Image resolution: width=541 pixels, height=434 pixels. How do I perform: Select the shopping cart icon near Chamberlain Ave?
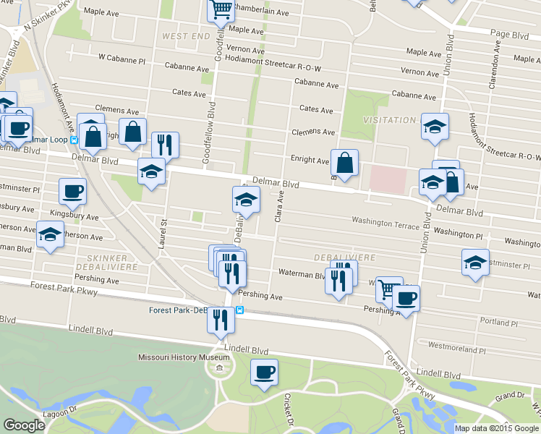(221, 10)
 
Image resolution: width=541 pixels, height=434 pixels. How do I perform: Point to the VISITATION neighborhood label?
(388, 120)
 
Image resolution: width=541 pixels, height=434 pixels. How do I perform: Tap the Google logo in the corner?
(24, 425)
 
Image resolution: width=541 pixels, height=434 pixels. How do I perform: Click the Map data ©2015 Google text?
(497, 428)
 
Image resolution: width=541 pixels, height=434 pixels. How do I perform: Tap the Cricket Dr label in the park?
(287, 409)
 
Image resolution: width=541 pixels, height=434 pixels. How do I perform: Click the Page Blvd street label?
(509, 34)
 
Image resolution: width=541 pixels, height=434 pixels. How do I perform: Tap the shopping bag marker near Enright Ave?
(346, 163)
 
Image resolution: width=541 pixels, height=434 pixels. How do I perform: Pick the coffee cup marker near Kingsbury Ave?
(73, 192)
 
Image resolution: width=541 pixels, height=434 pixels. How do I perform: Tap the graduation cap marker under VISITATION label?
(435, 127)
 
